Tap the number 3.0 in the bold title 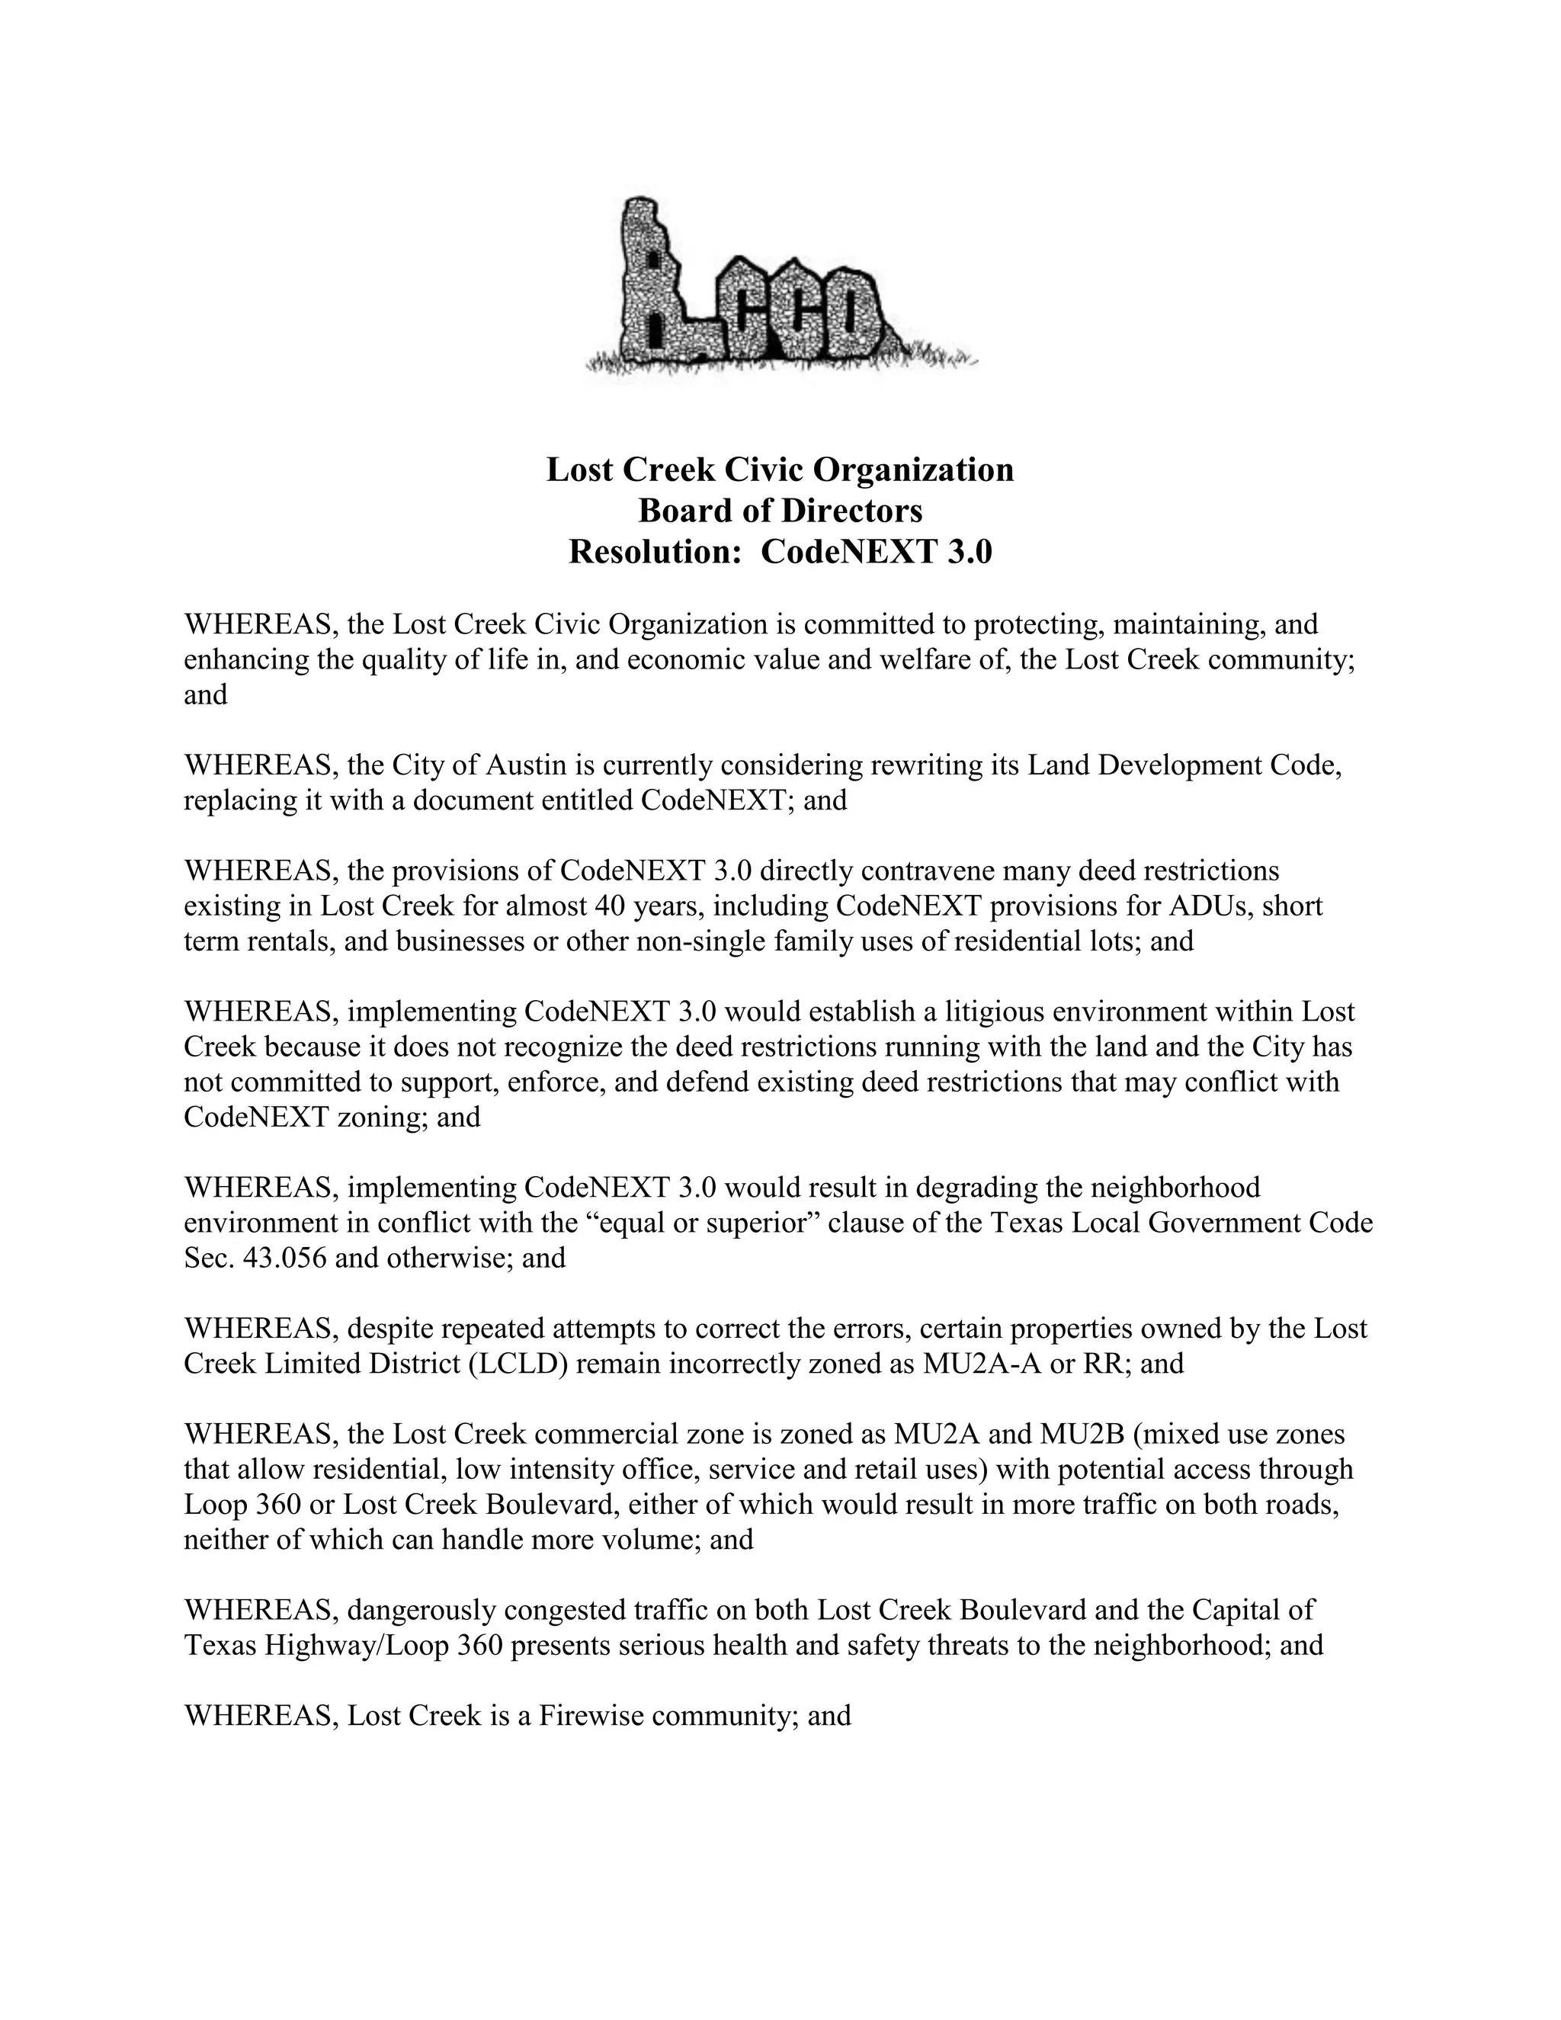coord(968,552)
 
